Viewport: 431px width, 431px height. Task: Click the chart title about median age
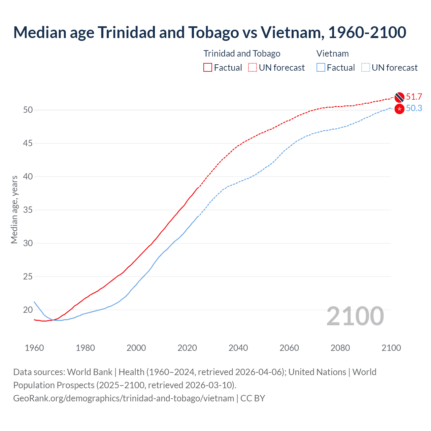209,32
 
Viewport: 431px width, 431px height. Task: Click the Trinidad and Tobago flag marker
399,97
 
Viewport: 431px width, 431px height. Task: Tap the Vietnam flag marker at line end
399,109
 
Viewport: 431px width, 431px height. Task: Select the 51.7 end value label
414,97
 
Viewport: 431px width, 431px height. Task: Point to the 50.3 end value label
414,108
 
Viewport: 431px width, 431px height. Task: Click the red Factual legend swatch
208,68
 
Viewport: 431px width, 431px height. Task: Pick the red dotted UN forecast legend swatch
253,68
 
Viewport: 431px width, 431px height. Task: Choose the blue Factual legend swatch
321,68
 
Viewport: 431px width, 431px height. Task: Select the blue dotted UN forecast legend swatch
365,68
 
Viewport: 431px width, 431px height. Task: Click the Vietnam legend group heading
332,54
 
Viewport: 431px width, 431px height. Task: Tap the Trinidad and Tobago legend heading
242,54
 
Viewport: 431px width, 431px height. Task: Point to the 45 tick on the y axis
28,143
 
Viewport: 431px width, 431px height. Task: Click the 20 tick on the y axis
28,310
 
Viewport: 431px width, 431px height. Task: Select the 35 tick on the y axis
28,210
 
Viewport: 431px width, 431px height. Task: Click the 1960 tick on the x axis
34,348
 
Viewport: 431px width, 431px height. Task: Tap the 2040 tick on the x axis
238,348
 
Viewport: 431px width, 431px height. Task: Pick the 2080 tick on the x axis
340,348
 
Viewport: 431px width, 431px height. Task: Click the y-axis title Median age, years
14,209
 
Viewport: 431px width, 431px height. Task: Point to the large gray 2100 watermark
355,316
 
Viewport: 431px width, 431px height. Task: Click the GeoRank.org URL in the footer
124,398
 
